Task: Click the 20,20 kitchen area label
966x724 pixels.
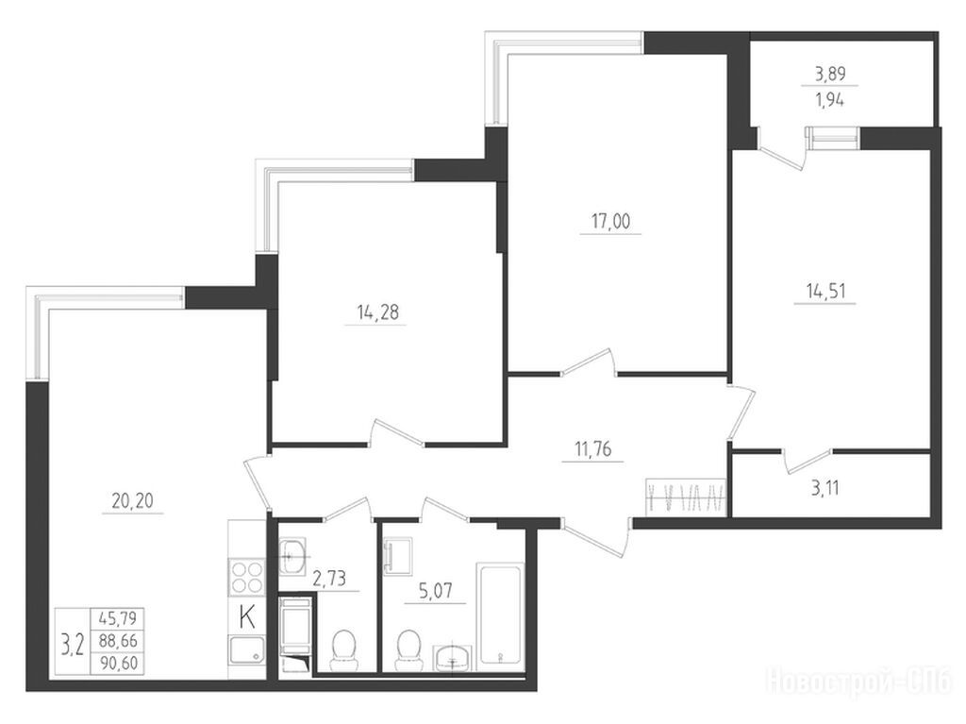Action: click(132, 500)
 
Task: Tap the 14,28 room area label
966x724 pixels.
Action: click(377, 312)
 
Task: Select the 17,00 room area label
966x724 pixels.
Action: click(610, 221)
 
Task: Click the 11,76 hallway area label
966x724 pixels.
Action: click(592, 449)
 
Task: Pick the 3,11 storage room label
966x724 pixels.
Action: click(824, 489)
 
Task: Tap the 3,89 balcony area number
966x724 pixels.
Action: click(830, 74)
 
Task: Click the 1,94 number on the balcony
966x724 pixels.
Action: click(830, 100)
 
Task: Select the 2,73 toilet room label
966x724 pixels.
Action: click(329, 579)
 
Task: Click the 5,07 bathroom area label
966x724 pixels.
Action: click(435, 592)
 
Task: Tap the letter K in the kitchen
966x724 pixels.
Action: click(247, 618)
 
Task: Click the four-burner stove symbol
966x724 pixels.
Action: click(246, 577)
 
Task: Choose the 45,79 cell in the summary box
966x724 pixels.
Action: click(117, 617)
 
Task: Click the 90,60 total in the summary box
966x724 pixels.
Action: click(117, 663)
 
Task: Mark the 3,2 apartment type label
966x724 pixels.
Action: click(73, 645)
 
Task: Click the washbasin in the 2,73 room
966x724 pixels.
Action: click(293, 552)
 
